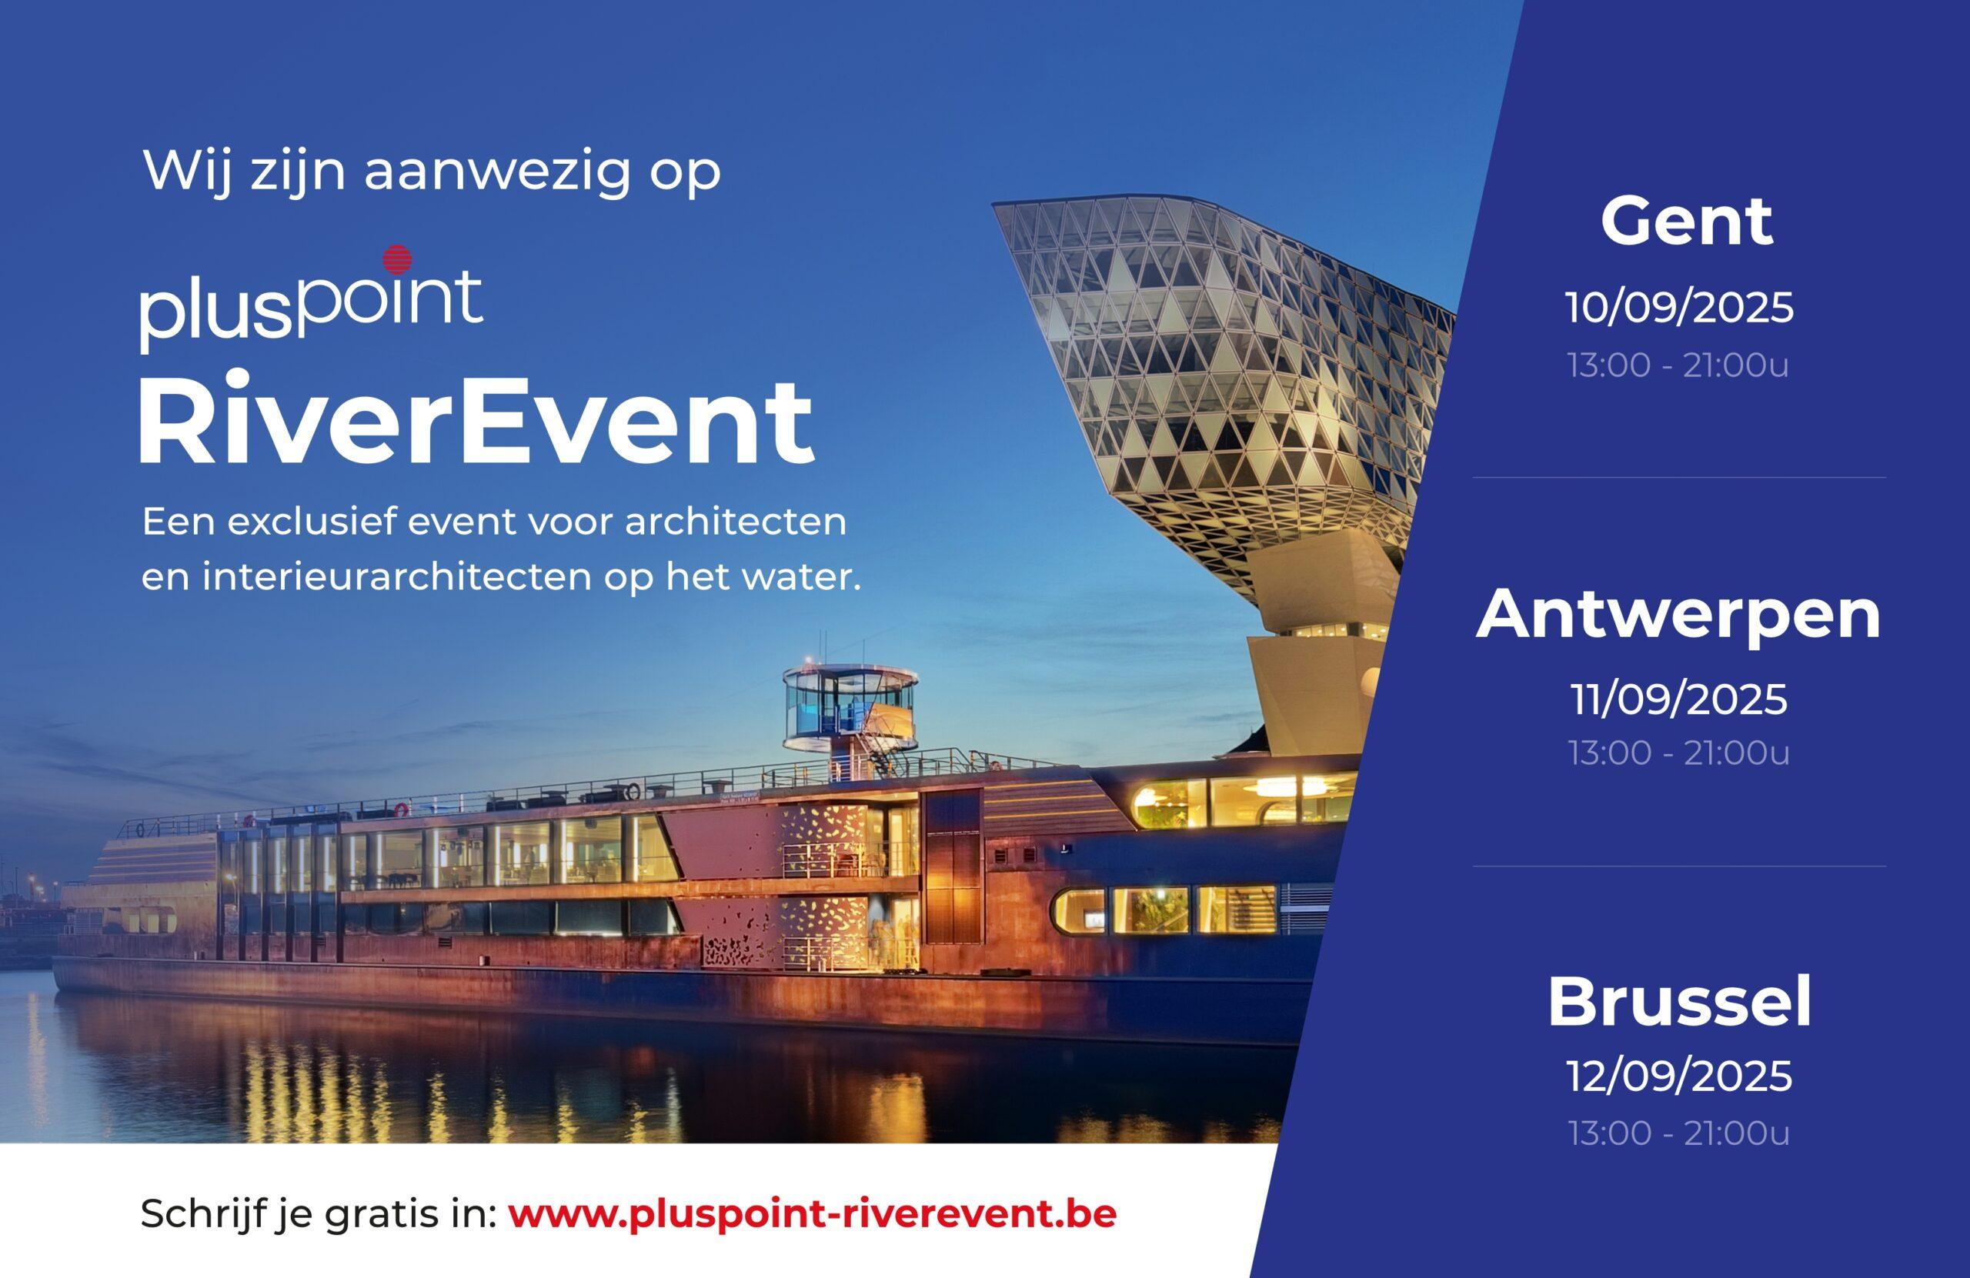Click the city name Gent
(x=1686, y=221)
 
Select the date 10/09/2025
(x=1679, y=309)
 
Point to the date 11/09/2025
(x=1679, y=699)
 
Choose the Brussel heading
(x=1679, y=1003)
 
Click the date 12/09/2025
(x=1679, y=1077)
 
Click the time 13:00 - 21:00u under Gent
(x=1678, y=365)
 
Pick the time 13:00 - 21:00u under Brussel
(x=1678, y=1133)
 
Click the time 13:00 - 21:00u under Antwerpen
(x=1678, y=752)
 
